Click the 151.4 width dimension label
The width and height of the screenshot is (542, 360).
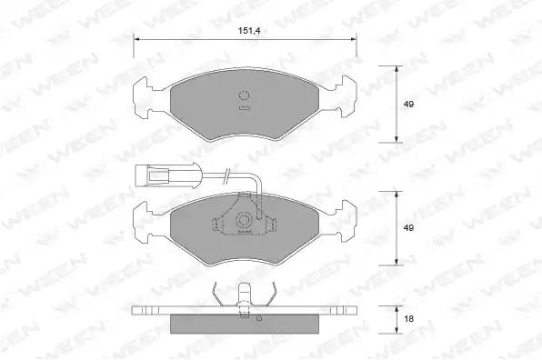(x=249, y=31)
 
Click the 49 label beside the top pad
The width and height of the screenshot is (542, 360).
(x=408, y=104)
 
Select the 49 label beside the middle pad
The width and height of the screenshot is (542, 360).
(x=408, y=228)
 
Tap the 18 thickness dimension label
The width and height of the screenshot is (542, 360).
(x=408, y=318)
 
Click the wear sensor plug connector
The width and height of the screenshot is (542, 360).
(x=152, y=176)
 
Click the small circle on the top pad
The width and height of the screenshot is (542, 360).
(x=244, y=95)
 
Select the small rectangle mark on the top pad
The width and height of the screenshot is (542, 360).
(x=244, y=108)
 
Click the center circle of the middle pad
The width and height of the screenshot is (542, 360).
(x=244, y=220)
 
